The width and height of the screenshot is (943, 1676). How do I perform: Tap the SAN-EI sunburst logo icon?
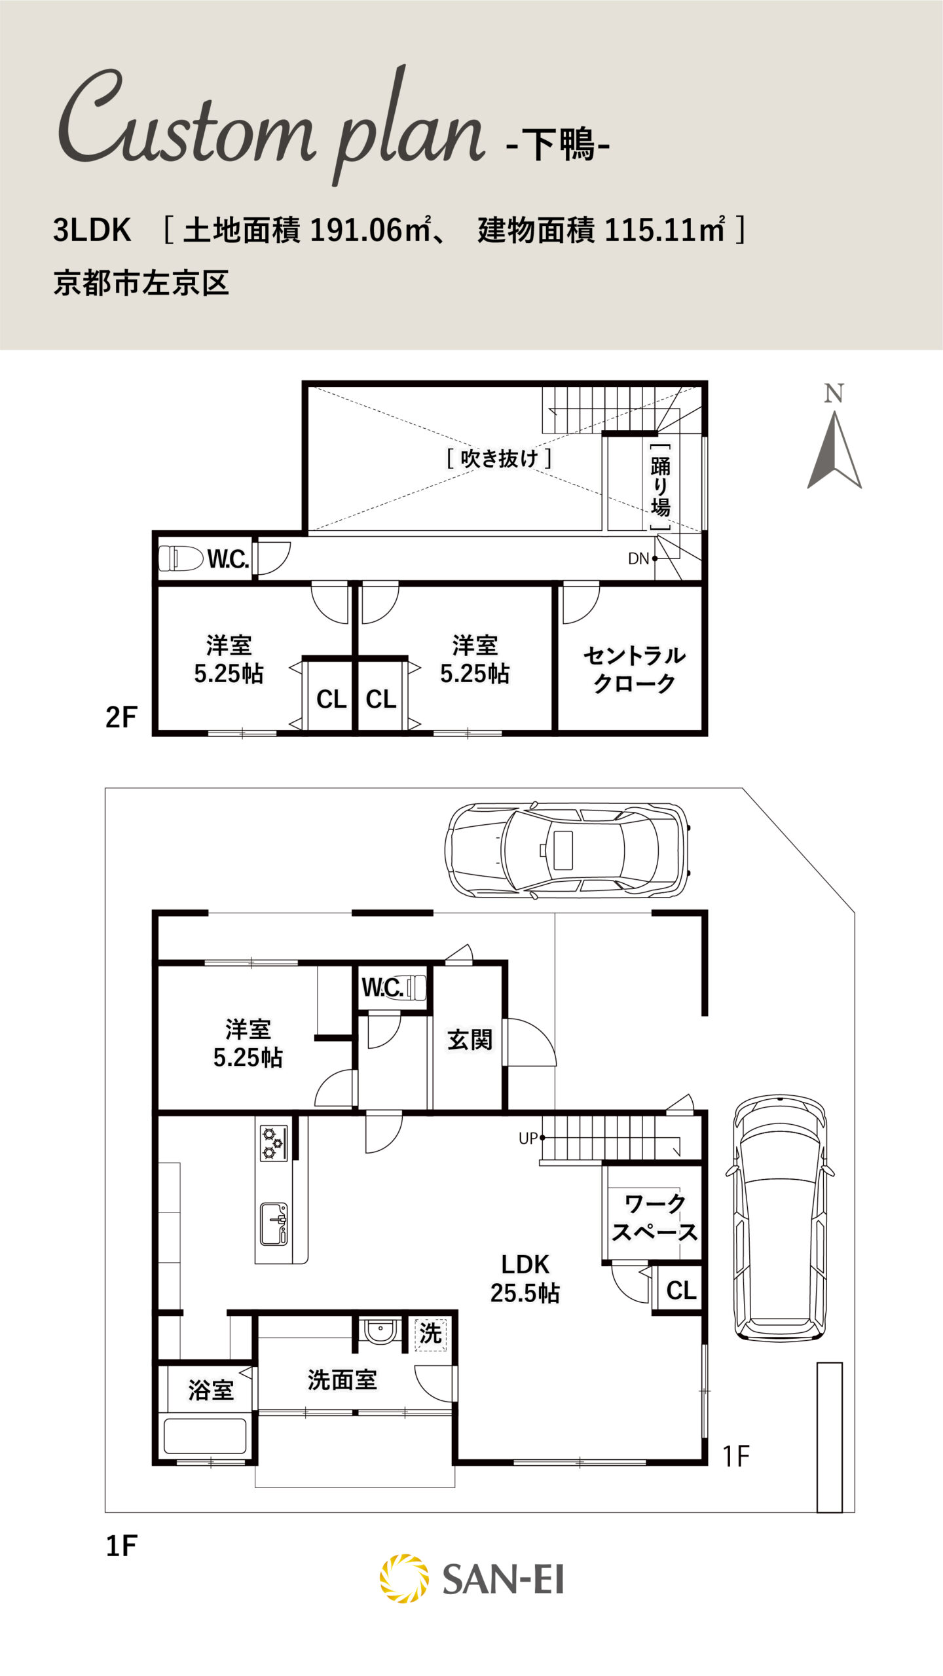coord(405,1578)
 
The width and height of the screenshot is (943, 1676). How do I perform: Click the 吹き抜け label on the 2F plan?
coord(499,458)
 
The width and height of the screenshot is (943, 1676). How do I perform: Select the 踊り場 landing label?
coord(660,487)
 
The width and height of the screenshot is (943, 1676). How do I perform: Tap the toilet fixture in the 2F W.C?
coord(181,558)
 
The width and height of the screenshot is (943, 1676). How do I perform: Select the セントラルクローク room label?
coord(634,669)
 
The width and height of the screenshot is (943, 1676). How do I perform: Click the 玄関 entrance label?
coord(470,1040)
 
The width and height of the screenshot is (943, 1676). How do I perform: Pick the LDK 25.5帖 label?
coord(525,1279)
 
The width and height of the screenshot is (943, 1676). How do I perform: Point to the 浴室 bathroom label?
coord(211,1390)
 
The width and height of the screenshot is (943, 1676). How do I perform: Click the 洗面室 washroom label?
coord(342,1380)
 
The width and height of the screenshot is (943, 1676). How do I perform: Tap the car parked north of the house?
coord(567,850)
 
